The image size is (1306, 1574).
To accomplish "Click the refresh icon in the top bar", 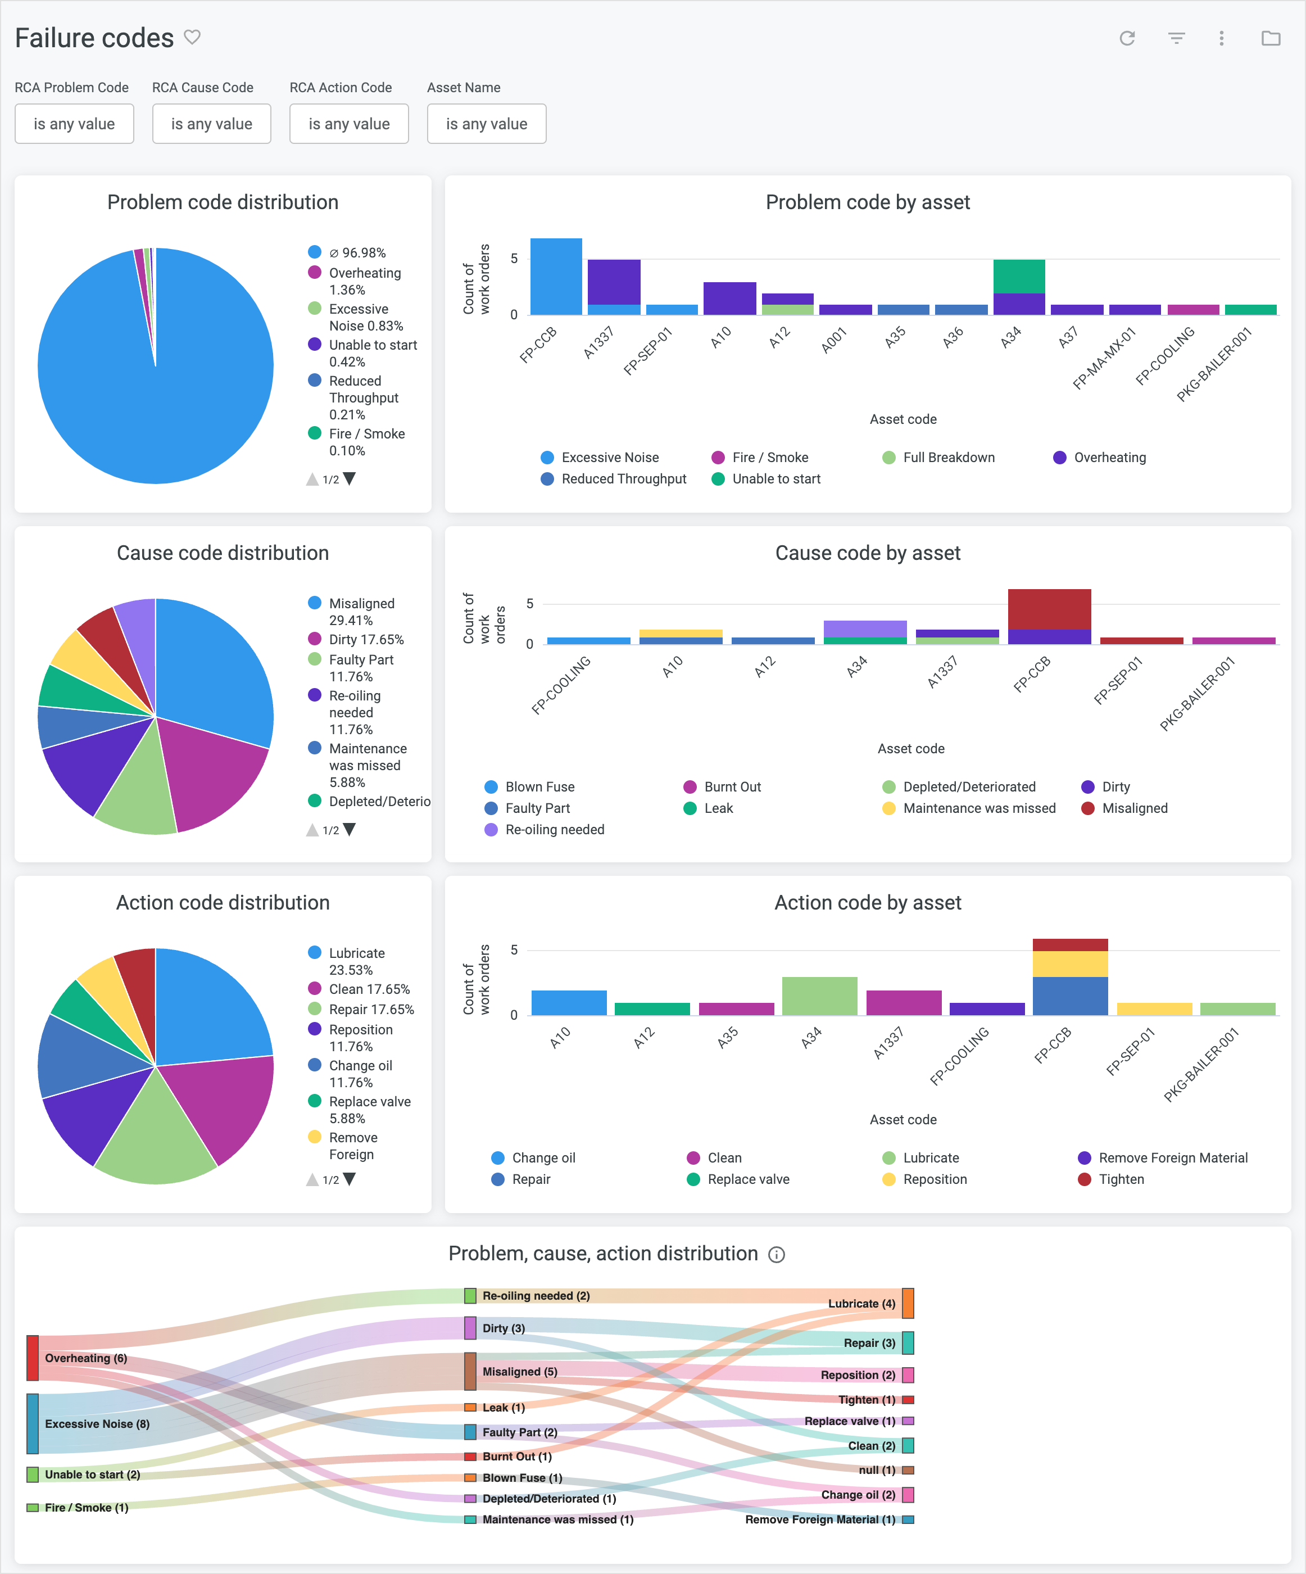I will click(1127, 38).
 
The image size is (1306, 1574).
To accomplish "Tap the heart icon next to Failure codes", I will click(193, 37).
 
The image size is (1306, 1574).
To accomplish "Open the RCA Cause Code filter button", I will click(211, 124).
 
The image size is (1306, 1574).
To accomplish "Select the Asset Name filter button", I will click(486, 124).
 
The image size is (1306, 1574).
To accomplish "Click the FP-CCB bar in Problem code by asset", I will click(556, 277).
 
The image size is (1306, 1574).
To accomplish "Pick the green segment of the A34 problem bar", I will click(1019, 277).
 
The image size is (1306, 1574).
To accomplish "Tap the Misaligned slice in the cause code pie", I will click(217, 667).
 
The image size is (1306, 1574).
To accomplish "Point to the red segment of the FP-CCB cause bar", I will click(1049, 609).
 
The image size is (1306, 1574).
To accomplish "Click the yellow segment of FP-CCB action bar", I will click(1070, 964).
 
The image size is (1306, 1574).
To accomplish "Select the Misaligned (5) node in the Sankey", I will click(470, 1371).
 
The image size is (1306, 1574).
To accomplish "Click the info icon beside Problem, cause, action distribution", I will click(777, 1255).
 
